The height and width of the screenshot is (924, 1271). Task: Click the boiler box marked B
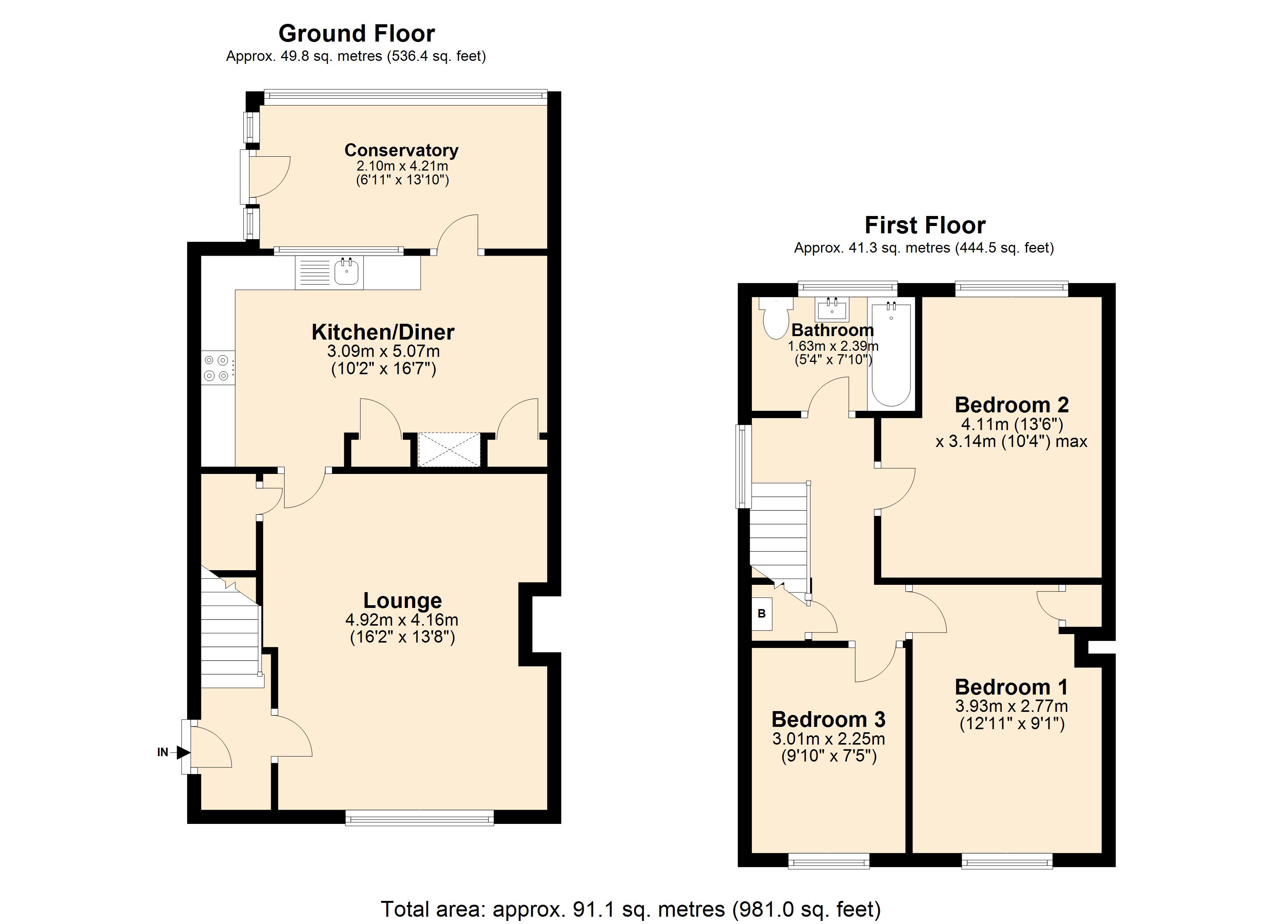point(761,614)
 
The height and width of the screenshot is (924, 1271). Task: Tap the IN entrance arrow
point(183,753)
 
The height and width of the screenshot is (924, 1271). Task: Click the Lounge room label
point(402,600)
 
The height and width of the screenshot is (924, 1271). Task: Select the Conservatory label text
point(401,150)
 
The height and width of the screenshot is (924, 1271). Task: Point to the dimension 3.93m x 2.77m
point(1011,706)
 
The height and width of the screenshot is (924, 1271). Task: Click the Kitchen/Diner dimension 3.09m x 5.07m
point(383,352)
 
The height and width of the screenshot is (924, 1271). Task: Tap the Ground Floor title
point(356,33)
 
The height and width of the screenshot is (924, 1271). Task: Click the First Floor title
point(925,225)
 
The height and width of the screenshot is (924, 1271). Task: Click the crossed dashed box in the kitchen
point(449,449)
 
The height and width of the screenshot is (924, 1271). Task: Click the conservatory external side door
point(245,176)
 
